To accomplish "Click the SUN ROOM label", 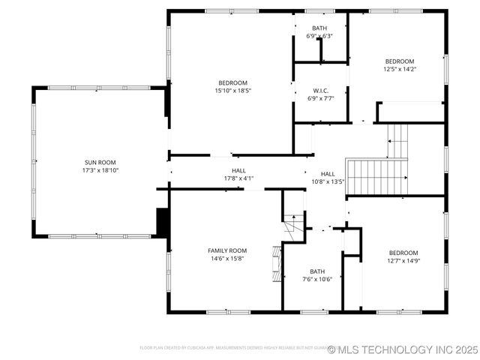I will (x=100, y=162).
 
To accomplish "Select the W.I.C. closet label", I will (x=320, y=90).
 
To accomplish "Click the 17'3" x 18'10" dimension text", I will (x=100, y=170).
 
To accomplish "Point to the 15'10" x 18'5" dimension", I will (x=232, y=91).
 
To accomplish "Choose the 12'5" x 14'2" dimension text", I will (x=400, y=70).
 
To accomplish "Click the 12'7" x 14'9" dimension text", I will (x=403, y=261).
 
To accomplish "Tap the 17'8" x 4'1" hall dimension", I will (x=239, y=178).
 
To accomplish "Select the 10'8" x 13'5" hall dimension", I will (x=328, y=181).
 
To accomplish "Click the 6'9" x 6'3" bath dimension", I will (x=319, y=36).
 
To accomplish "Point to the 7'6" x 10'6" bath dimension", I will (x=317, y=280).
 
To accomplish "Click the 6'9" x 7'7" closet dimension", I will (x=320, y=98).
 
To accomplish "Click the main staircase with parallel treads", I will (x=376, y=176).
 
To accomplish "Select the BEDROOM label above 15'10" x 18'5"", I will (x=232, y=82).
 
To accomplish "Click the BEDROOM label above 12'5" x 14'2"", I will (x=400, y=61).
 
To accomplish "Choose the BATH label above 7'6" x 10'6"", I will (x=317, y=271).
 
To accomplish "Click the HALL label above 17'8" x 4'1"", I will (x=239, y=170).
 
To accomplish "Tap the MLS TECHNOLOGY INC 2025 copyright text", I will (x=403, y=349).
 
